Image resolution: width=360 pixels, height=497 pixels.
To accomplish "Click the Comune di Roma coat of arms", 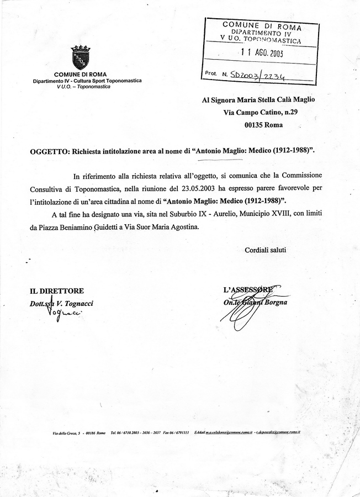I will pyautogui.click(x=81, y=58).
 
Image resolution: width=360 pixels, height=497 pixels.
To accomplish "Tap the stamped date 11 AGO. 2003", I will pyautogui.click(x=262, y=53).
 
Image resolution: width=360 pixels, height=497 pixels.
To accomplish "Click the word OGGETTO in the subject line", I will pyautogui.click(x=48, y=151).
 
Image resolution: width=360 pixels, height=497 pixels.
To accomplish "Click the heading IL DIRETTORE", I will pyautogui.click(x=57, y=290).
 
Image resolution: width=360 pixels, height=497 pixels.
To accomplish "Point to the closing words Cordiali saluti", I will pyautogui.click(x=266, y=250).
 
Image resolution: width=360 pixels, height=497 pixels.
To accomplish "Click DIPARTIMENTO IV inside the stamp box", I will pyautogui.click(x=262, y=33).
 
